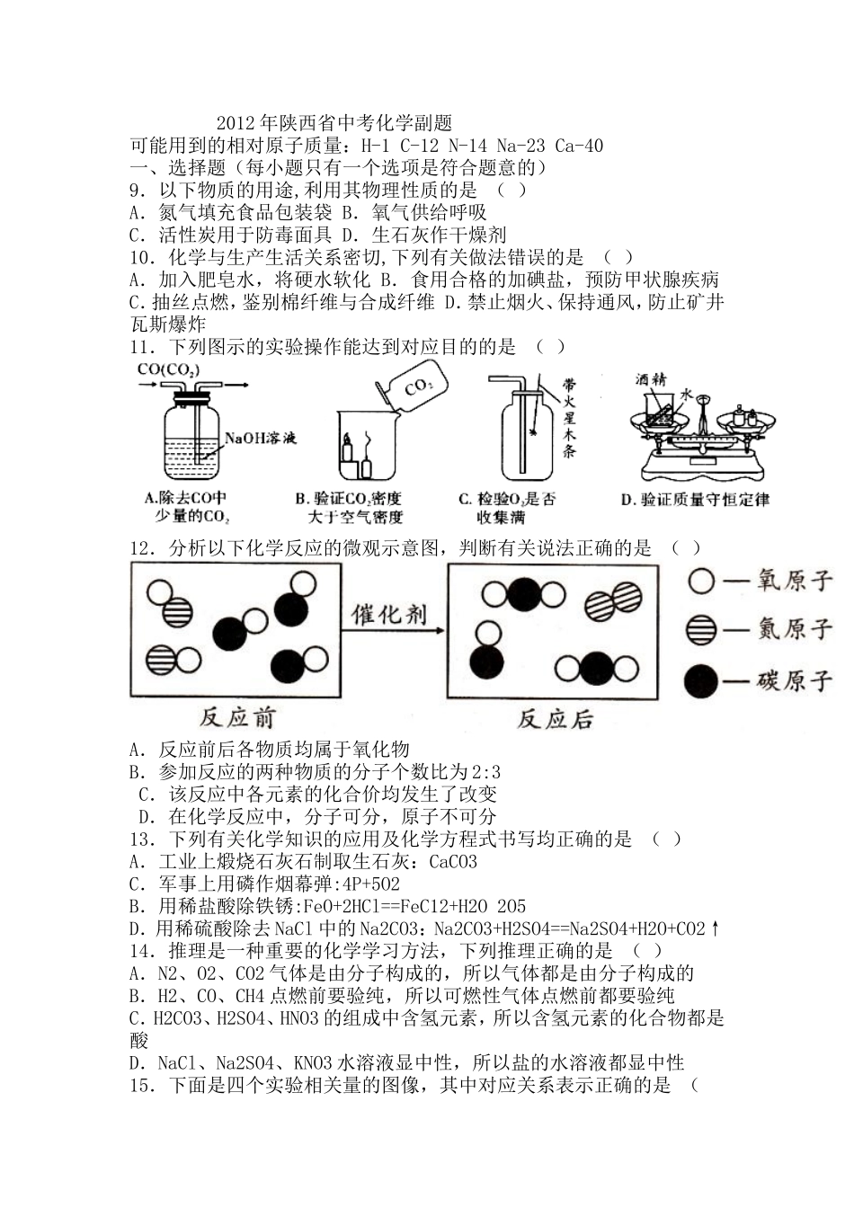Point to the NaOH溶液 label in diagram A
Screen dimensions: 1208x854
click(260, 439)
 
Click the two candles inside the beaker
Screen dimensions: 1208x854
click(357, 456)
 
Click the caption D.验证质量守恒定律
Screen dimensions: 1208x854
click(695, 500)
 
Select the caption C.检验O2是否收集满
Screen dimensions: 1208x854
click(506, 508)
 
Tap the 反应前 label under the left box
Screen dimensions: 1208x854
click(237, 717)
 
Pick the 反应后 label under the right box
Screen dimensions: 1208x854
click(556, 718)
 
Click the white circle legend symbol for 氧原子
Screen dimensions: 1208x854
click(701, 582)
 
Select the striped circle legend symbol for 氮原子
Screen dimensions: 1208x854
click(701, 629)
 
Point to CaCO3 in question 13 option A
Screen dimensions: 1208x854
click(453, 862)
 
